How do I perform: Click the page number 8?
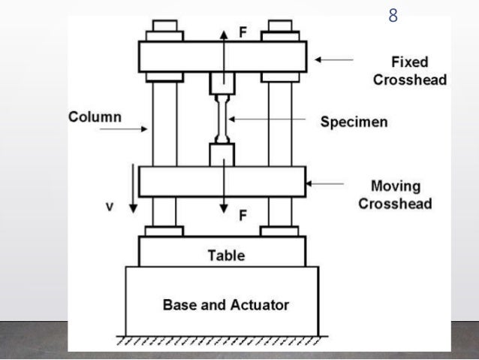point(393,15)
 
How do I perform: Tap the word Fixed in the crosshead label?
point(409,63)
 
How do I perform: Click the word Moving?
point(395,186)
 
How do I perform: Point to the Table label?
point(226,256)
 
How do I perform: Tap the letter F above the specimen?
point(242,34)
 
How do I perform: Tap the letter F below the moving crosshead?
point(243,216)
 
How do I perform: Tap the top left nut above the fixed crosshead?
point(164,32)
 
